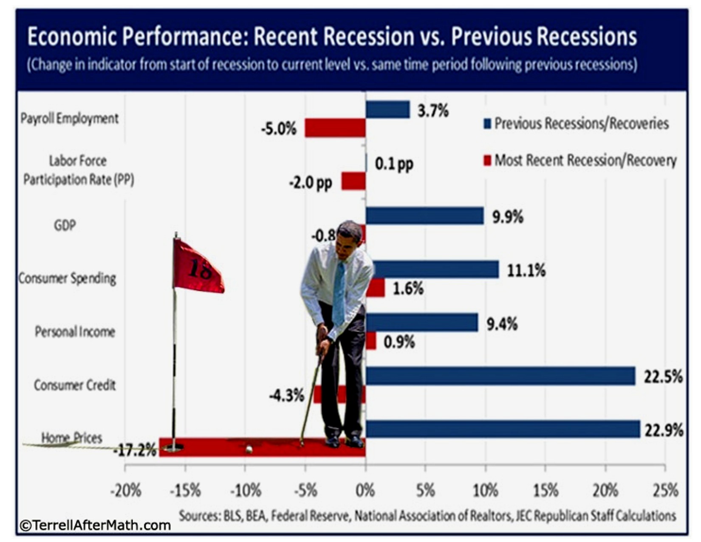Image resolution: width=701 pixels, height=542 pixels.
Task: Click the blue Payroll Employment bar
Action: pyautogui.click(x=387, y=110)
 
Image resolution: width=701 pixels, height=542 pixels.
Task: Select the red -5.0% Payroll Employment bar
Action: pyautogui.click(x=335, y=128)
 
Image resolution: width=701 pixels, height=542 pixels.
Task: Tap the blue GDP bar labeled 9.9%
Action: pyautogui.click(x=424, y=216)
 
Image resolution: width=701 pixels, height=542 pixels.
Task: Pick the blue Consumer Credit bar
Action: pyautogui.click(x=500, y=376)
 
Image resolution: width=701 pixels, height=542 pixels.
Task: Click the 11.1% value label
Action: pyautogui.click(x=526, y=270)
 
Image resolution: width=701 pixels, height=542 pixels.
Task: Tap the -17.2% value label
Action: pyautogui.click(x=135, y=450)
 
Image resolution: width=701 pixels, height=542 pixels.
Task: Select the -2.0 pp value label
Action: pyautogui.click(x=311, y=183)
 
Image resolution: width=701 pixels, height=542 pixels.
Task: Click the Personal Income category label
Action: pyautogui.click(x=75, y=332)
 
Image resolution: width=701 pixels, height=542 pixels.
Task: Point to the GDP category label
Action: pyautogui.click(x=65, y=225)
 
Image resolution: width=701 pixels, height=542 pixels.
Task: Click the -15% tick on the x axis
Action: pyautogui.click(x=185, y=491)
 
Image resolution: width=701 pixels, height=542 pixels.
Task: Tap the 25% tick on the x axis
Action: pyautogui.click(x=665, y=491)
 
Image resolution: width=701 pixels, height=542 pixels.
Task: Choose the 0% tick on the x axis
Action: pyautogui.click(x=365, y=491)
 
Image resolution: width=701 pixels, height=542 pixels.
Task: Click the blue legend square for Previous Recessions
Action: pyautogui.click(x=487, y=124)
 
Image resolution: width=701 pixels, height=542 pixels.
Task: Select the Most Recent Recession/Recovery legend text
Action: pyautogui.click(x=585, y=160)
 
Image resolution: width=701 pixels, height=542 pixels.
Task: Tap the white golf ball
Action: pyautogui.click(x=249, y=448)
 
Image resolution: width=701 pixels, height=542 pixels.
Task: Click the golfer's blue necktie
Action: pyautogui.click(x=339, y=293)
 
